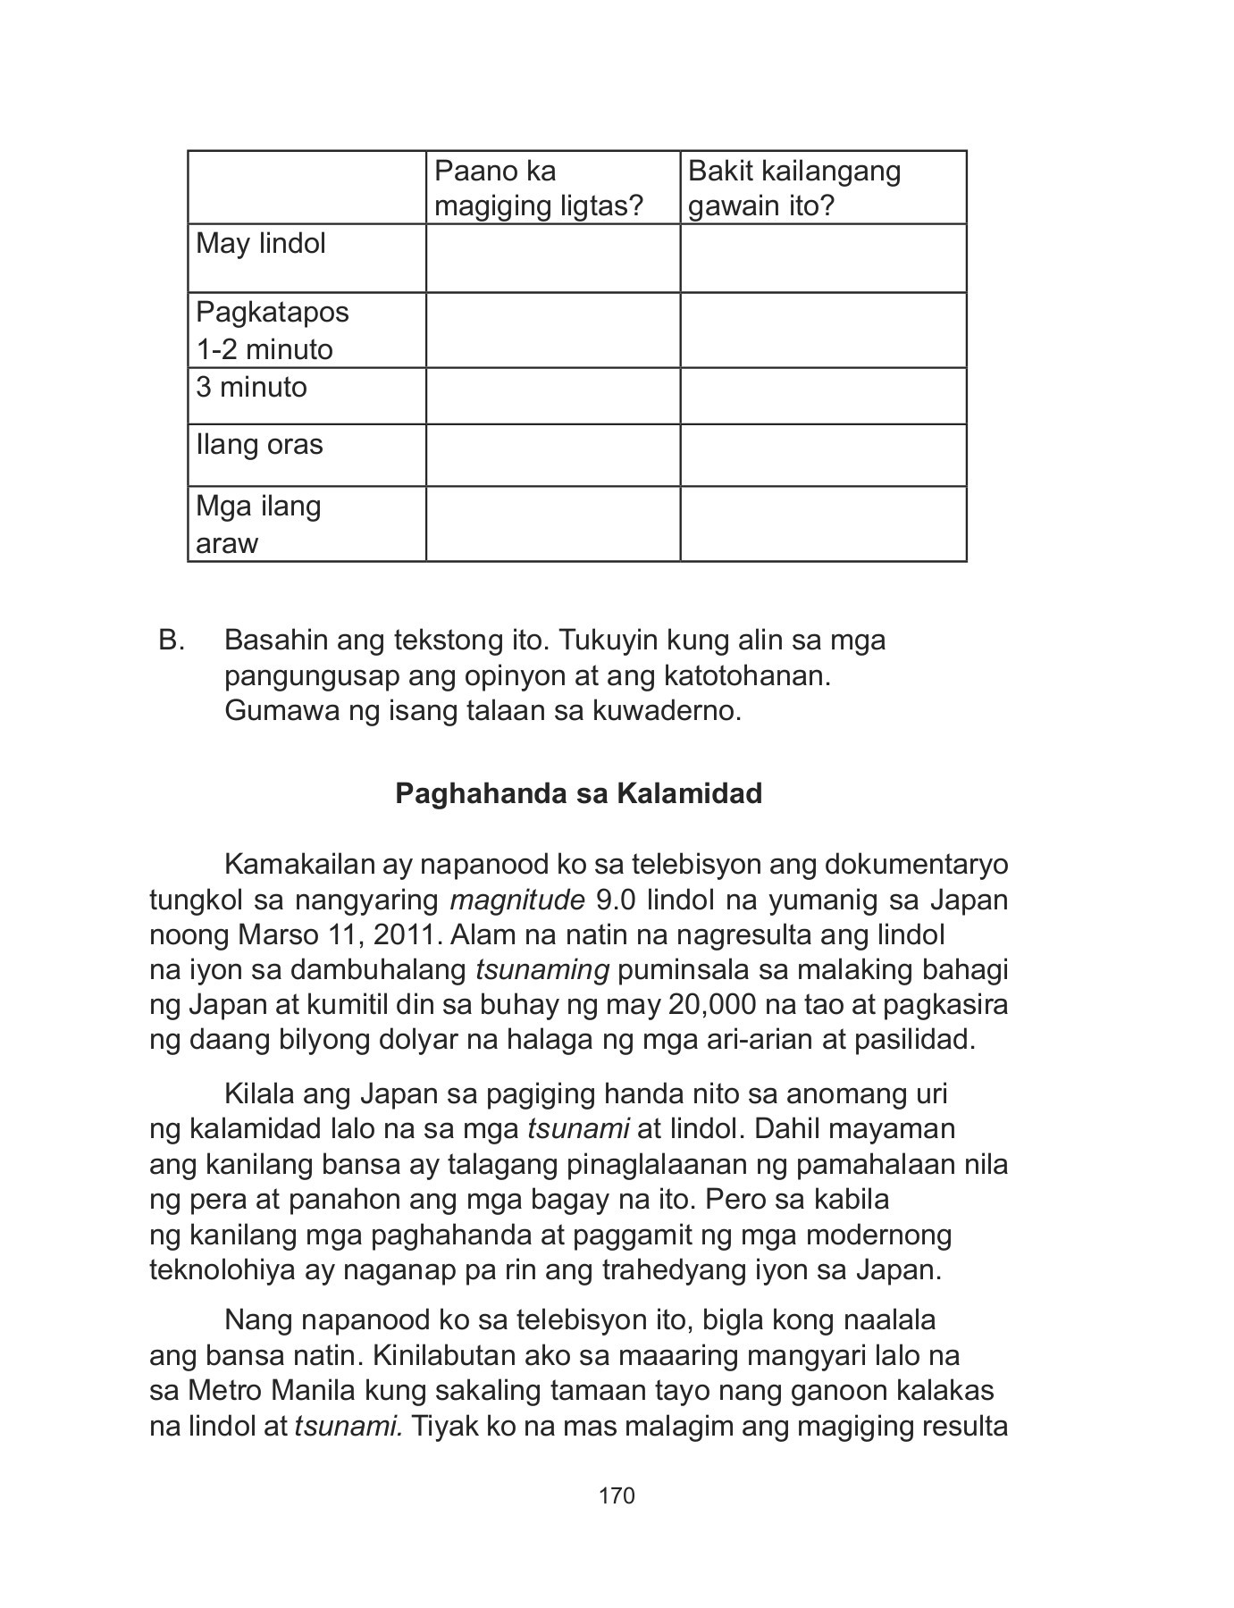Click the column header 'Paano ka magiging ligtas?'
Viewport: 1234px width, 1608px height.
537,188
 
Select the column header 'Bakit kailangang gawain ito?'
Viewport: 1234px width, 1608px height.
793,188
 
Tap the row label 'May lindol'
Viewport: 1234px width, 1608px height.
260,244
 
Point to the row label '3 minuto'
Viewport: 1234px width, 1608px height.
251,388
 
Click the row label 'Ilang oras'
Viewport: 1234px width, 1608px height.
259,445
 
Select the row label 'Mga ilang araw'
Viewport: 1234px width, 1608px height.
257,524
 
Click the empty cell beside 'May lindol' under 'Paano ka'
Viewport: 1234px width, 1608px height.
552,258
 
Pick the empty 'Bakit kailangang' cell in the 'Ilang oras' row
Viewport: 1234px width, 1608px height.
823,456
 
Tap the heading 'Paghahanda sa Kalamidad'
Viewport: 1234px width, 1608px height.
578,793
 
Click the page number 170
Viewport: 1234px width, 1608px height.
617,1495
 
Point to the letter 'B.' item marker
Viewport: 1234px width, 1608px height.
172,641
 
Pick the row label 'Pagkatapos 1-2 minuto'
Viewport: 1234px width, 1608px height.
272,331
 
